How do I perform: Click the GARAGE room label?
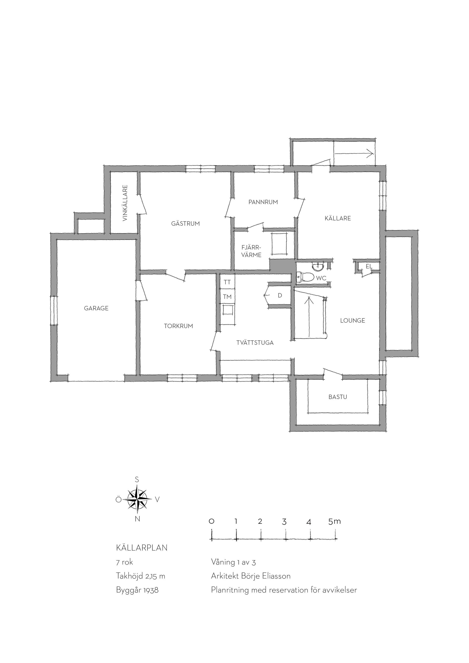[96, 308]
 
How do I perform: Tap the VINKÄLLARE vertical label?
[125, 203]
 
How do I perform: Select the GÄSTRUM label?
[185, 223]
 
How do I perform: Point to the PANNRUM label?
[263, 202]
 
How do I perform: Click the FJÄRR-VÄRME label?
[251, 251]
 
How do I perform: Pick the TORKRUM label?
[179, 326]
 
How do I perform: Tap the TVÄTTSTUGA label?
[255, 343]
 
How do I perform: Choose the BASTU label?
[338, 397]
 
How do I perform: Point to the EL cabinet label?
[369, 266]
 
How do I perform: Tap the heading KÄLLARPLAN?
[141, 547]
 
